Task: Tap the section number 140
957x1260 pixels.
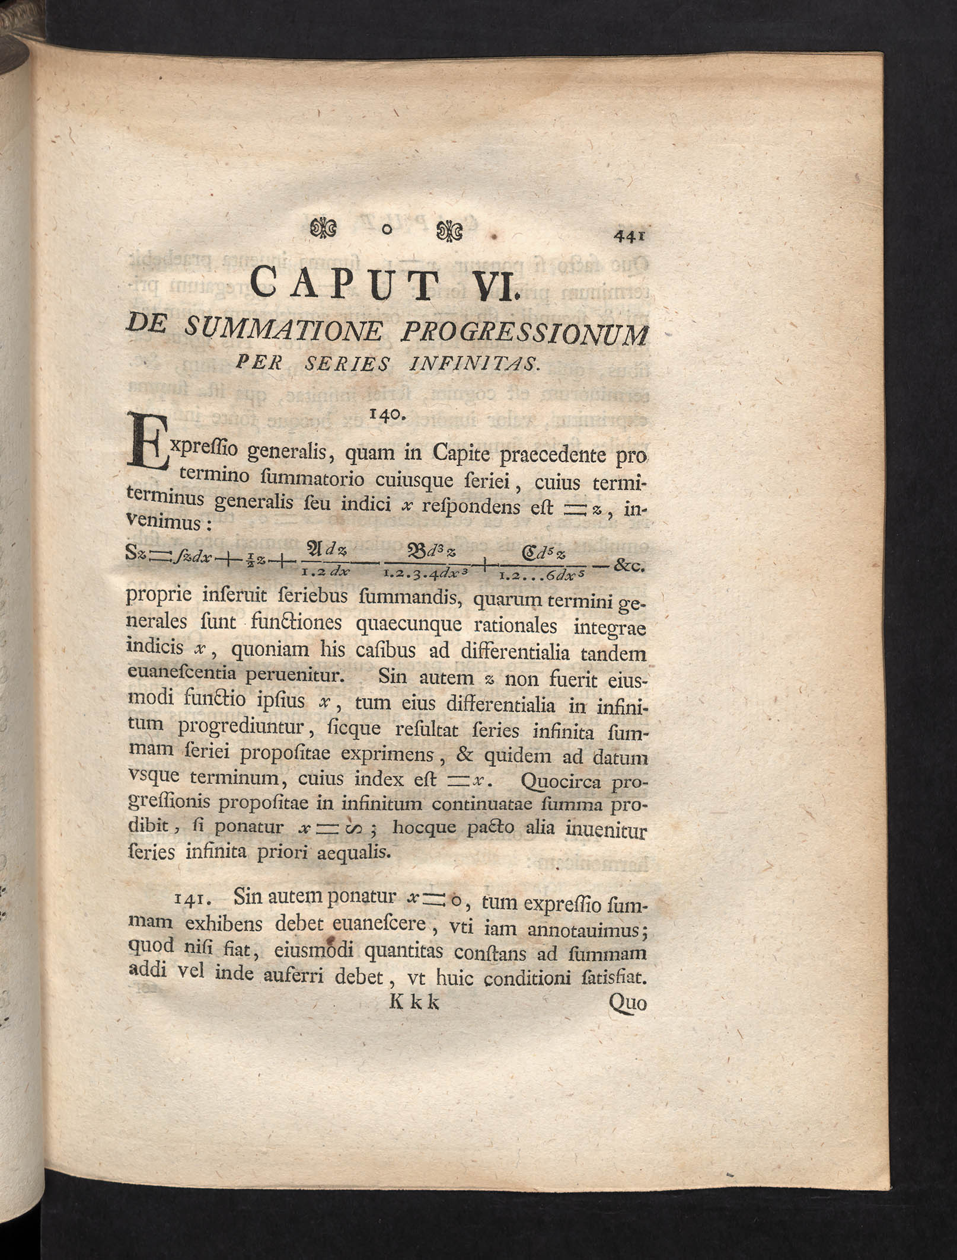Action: (x=385, y=415)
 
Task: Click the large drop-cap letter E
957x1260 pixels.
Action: (x=146, y=445)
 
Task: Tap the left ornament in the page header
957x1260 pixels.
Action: (x=324, y=229)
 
